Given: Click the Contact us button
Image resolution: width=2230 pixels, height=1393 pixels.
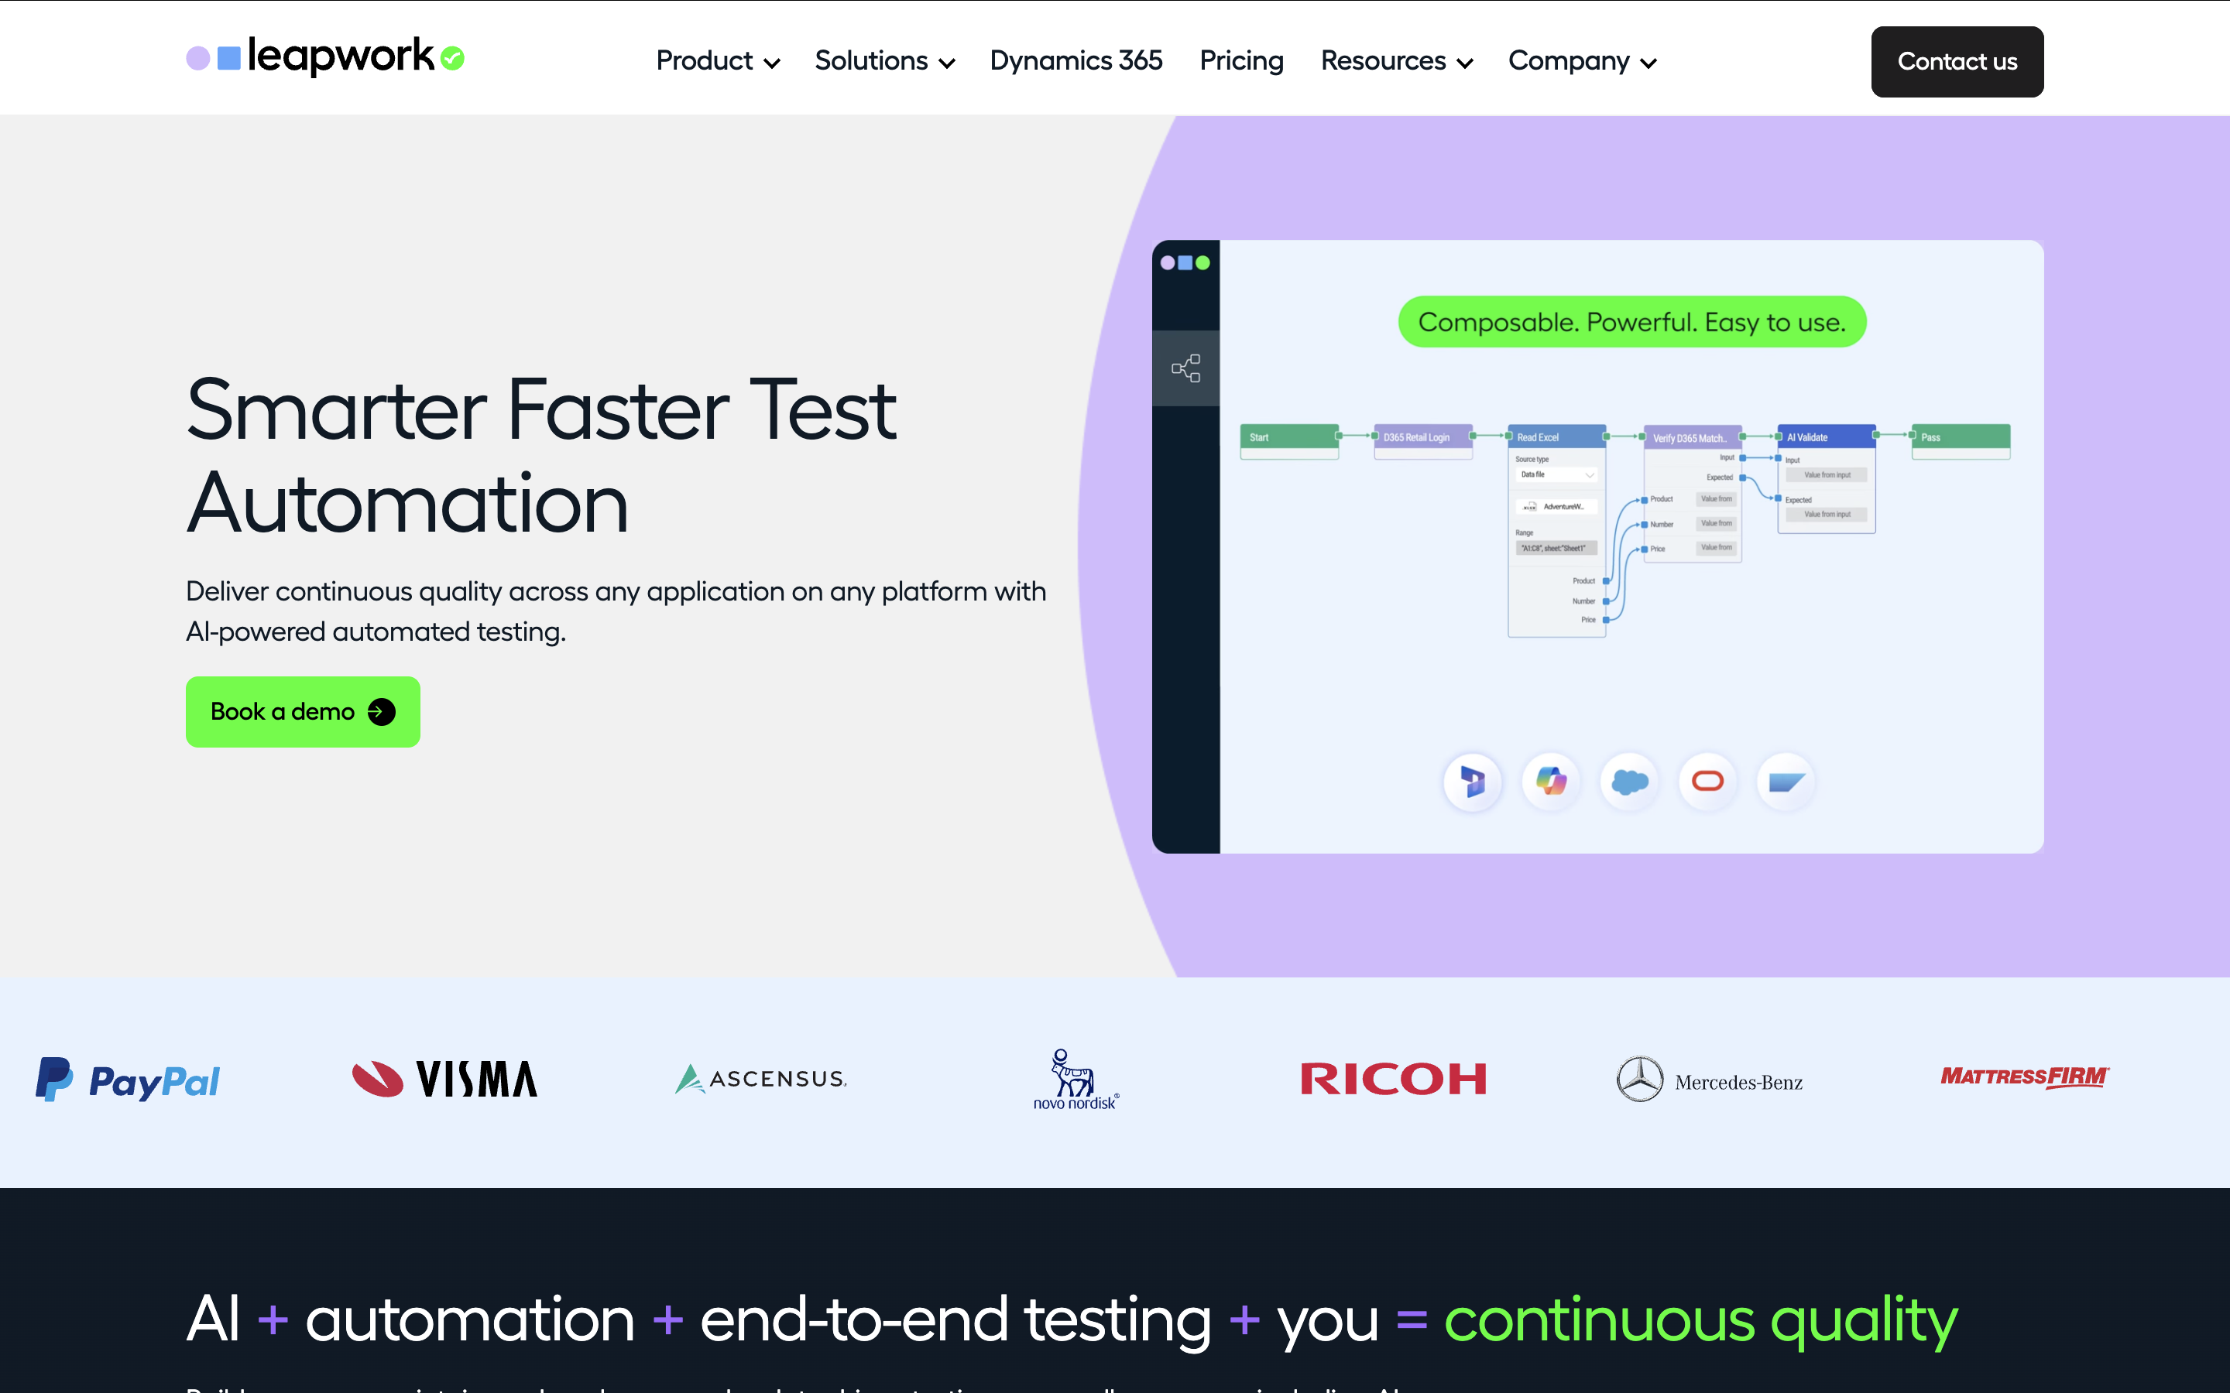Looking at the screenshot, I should tap(1957, 62).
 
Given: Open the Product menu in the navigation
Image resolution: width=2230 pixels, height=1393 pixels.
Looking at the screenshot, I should tap(717, 62).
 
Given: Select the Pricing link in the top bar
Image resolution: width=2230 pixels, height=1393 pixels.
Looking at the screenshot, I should tap(1240, 62).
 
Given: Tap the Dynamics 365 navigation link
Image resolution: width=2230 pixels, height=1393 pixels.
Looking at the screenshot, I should tap(1076, 62).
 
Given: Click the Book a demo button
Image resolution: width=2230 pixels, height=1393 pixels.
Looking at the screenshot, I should tap(302, 711).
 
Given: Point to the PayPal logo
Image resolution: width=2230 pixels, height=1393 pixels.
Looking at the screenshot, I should tap(128, 1080).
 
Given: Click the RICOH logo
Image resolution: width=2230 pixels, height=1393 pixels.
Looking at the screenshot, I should tap(1392, 1079).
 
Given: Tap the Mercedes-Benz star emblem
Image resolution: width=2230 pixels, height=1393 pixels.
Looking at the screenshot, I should tap(1639, 1079).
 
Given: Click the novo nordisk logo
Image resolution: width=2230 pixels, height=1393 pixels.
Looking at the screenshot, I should tap(1075, 1080).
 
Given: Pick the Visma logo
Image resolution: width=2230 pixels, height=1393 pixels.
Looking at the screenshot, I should tap(445, 1079).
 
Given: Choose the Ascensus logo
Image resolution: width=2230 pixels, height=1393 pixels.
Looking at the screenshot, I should tap(760, 1079).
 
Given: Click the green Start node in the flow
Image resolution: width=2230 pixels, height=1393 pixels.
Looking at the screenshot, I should tap(1288, 436).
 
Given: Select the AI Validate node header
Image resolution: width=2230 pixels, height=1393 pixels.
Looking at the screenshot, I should tap(1826, 436).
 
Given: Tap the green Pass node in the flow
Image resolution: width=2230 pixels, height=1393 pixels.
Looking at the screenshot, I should tap(1960, 436).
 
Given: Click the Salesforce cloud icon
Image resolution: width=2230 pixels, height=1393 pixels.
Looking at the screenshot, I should tap(1629, 782).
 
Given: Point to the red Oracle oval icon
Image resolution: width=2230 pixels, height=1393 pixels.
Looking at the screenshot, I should tap(1707, 782).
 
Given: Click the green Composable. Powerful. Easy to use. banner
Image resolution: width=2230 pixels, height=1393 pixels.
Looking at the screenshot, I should tap(1631, 323).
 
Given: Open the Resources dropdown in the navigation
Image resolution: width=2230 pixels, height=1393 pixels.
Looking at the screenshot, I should tap(1396, 62).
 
